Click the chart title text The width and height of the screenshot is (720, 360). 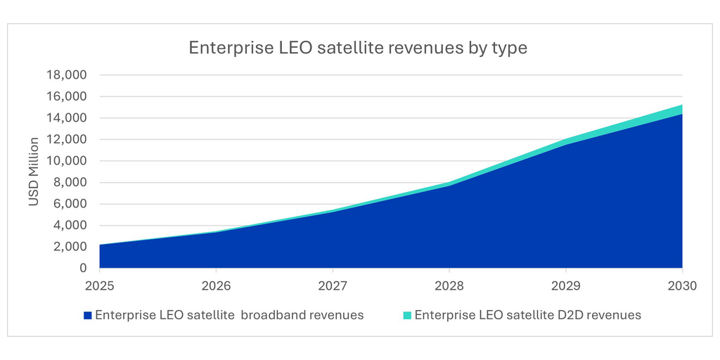pyautogui.click(x=357, y=48)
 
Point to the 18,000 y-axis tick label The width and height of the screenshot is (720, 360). pyautogui.click(x=65, y=75)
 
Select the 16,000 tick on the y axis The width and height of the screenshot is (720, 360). pyautogui.click(x=65, y=96)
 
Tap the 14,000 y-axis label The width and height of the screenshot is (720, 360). pyautogui.click(x=65, y=118)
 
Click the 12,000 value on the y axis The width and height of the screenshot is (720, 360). pyautogui.click(x=65, y=139)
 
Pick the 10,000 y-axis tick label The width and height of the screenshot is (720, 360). pyautogui.click(x=65, y=161)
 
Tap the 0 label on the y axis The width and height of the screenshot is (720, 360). pyautogui.click(x=83, y=268)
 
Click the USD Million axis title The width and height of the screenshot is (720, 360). pyautogui.click(x=34, y=172)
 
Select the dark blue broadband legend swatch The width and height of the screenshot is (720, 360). pyautogui.click(x=87, y=315)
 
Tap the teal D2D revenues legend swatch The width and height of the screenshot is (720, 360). pyautogui.click(x=407, y=315)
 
